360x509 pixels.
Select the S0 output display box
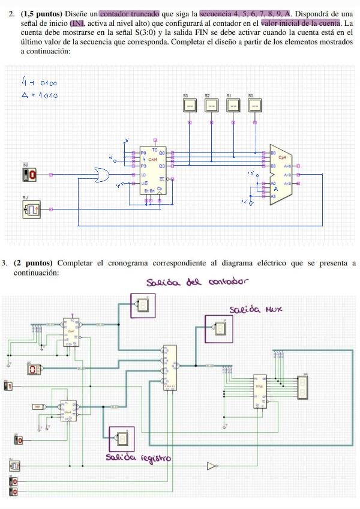tap(254, 105)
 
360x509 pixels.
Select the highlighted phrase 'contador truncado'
tap(129, 13)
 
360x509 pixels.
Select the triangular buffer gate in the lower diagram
tap(211, 465)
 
